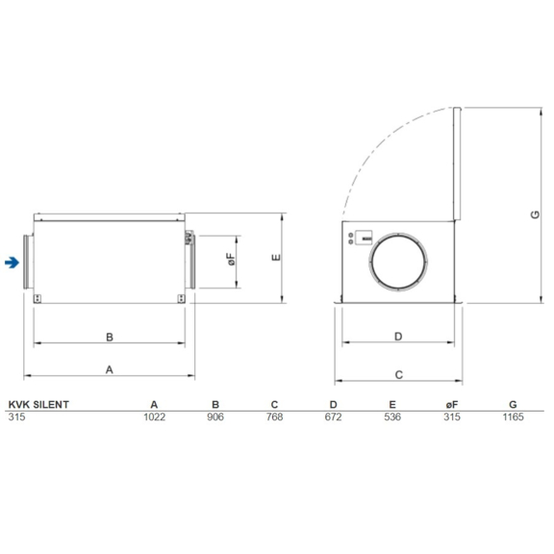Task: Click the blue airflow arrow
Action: pyautogui.click(x=11, y=262)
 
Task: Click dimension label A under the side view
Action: pyautogui.click(x=110, y=368)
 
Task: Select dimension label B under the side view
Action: pyautogui.click(x=110, y=338)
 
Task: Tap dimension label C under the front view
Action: pyautogui.click(x=398, y=372)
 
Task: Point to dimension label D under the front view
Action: pyautogui.click(x=398, y=337)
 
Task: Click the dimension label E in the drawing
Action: pyautogui.click(x=275, y=258)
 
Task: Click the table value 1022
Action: pyautogui.click(x=154, y=417)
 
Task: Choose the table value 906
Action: pyautogui.click(x=215, y=417)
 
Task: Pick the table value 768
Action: pyautogui.click(x=274, y=417)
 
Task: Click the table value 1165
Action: pyautogui.click(x=513, y=417)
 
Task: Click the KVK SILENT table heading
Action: pyautogui.click(x=38, y=405)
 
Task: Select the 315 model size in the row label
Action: pyautogui.click(x=15, y=417)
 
